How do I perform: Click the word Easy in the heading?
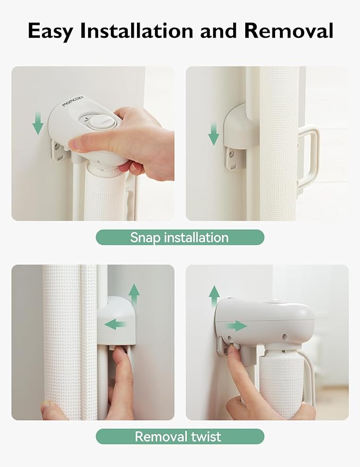pyautogui.click(x=50, y=31)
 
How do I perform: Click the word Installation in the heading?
pyautogui.click(x=136, y=30)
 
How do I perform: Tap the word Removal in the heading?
pyautogui.click(x=288, y=30)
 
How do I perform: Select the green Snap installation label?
pyautogui.click(x=180, y=237)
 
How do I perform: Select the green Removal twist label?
pyautogui.click(x=180, y=436)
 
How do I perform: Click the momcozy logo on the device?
pyautogui.click(x=73, y=101)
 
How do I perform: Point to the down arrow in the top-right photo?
pyautogui.click(x=213, y=134)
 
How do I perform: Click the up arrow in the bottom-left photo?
pyautogui.click(x=134, y=295)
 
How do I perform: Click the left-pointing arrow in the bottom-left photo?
pyautogui.click(x=116, y=324)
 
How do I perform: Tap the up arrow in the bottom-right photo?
pyautogui.click(x=214, y=296)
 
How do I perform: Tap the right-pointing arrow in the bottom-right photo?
pyautogui.click(x=237, y=326)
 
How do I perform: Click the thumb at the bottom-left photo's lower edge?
pyautogui.click(x=51, y=410)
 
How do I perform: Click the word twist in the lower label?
pyautogui.click(x=206, y=437)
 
